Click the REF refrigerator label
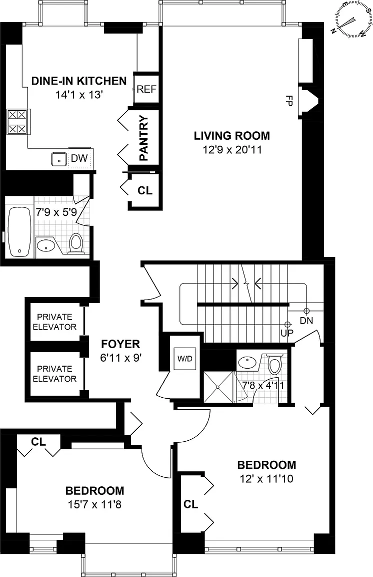(146, 89)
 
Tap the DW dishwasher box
(79, 158)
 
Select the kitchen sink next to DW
(58, 159)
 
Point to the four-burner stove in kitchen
(17, 122)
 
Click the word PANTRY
(143, 138)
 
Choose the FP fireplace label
(288, 101)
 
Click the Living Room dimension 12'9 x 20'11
(232, 150)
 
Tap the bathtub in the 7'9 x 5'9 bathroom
(20, 232)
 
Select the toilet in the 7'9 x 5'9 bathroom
(76, 243)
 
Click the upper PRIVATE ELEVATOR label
(55, 322)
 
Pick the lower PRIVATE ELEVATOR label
(55, 374)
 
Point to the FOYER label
(120, 344)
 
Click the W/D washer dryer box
(185, 359)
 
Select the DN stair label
(306, 321)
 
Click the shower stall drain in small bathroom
(218, 387)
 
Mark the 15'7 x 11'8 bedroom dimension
(94, 504)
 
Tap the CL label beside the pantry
(145, 190)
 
